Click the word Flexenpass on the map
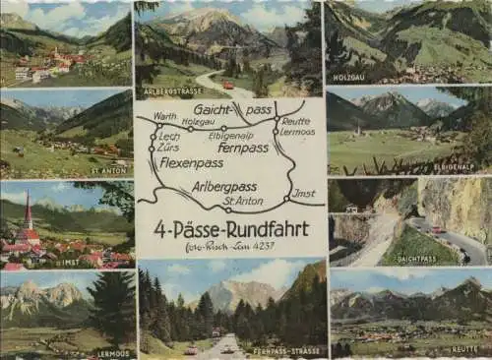[192, 162]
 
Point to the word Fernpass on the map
[244, 148]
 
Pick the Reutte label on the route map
[295, 123]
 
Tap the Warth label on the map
[164, 115]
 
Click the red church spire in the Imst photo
[29, 212]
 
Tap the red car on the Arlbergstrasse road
[228, 85]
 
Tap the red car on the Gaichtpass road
[436, 229]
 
